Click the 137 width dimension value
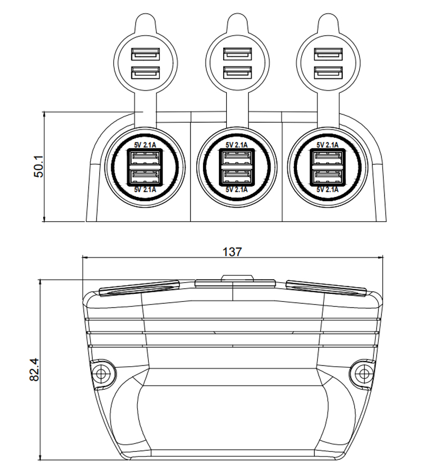tap(232, 252)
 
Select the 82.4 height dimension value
tap(34, 369)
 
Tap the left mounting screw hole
tap(101, 373)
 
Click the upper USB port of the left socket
tap(145, 158)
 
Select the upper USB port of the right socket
tap(328, 158)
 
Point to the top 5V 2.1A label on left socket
tap(145, 145)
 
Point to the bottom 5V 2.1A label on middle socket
tap(237, 190)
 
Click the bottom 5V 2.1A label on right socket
tap(328, 190)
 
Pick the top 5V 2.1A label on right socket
tap(328, 145)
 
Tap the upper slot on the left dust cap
tap(145, 54)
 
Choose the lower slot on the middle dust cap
tap(237, 73)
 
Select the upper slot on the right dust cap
tap(328, 54)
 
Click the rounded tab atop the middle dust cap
tap(237, 24)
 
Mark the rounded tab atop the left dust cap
tap(145, 24)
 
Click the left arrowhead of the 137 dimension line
tap(85, 258)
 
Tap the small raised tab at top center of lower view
tap(237, 277)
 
